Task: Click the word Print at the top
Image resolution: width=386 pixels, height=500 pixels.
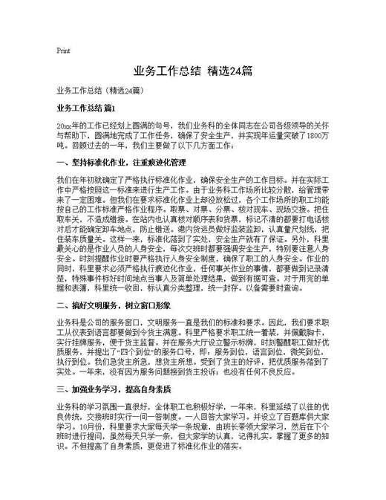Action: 63,51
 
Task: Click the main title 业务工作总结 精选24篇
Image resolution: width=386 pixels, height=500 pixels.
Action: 192,71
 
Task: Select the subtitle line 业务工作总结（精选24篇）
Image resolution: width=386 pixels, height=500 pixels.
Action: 94,90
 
